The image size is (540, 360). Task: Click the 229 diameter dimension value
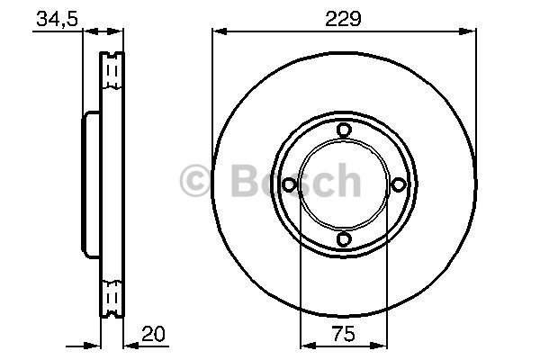343,19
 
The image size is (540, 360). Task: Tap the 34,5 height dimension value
58,19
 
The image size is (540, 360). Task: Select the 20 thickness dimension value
153,334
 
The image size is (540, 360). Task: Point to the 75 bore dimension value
344,334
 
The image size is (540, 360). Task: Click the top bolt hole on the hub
344,130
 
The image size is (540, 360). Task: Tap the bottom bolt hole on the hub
344,239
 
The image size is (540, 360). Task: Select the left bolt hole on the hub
289,184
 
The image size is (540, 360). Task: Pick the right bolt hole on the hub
399,184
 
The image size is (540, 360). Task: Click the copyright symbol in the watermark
195,181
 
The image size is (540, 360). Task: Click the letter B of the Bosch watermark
244,181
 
